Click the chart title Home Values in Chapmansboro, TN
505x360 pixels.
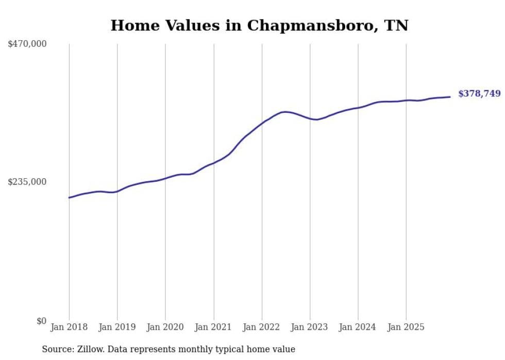click(259, 25)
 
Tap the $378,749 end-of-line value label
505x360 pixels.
click(479, 94)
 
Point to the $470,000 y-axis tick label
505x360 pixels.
click(27, 44)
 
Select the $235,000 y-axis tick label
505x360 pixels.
click(27, 182)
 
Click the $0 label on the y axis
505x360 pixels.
click(41, 321)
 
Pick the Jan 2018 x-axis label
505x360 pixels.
click(69, 327)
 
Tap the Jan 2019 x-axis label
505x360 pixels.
click(117, 327)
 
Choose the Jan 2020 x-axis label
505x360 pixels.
click(165, 327)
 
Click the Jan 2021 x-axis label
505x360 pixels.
click(213, 327)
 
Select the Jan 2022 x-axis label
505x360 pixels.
click(262, 327)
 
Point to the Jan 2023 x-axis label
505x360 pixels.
click(310, 327)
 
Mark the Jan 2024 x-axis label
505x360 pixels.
click(358, 327)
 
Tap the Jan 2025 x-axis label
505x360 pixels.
click(406, 327)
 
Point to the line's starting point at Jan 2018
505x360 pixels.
click(69, 198)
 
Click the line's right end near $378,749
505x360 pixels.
click(450, 97)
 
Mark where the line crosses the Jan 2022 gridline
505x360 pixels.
click(262, 124)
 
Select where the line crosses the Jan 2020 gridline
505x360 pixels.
click(165, 178)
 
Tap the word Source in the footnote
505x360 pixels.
click(56, 349)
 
